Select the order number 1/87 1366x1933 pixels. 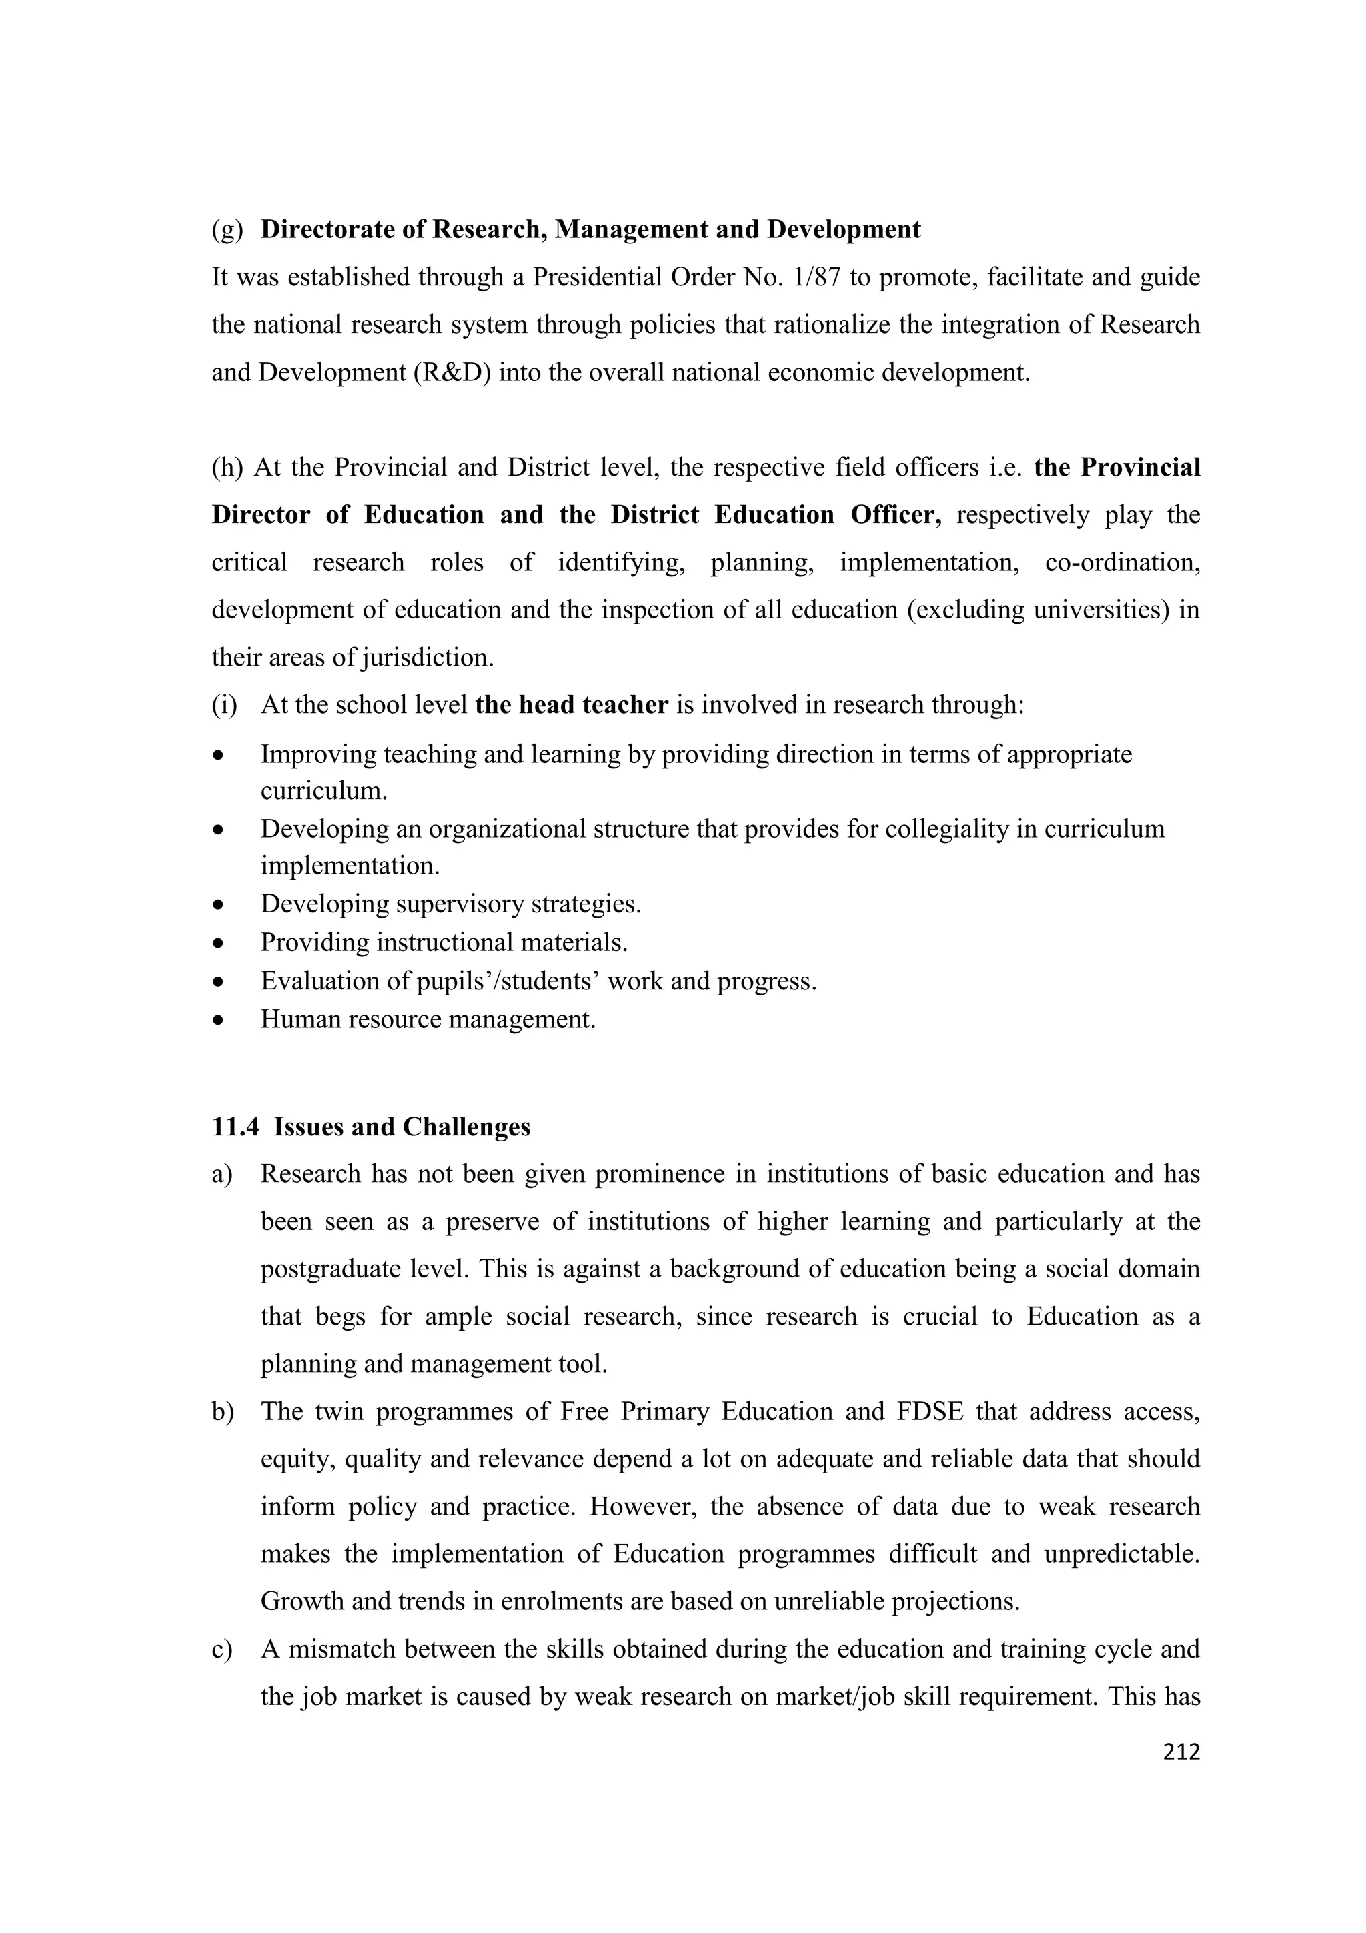point(816,277)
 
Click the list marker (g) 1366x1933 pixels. point(227,230)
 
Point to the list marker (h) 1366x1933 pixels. point(227,468)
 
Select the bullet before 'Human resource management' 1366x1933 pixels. point(219,1021)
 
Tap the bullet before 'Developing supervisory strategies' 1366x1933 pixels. point(219,905)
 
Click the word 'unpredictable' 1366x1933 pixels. point(1121,1554)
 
